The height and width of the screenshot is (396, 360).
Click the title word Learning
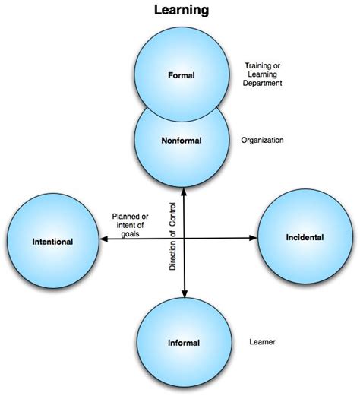(181, 11)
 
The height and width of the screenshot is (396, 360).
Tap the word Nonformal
(183, 141)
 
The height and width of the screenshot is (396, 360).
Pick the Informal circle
(183, 341)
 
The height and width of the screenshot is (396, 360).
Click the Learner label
(263, 342)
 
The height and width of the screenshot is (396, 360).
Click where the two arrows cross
(183, 239)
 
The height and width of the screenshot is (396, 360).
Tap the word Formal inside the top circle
(183, 74)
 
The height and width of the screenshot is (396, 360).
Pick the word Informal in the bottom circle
(183, 343)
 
